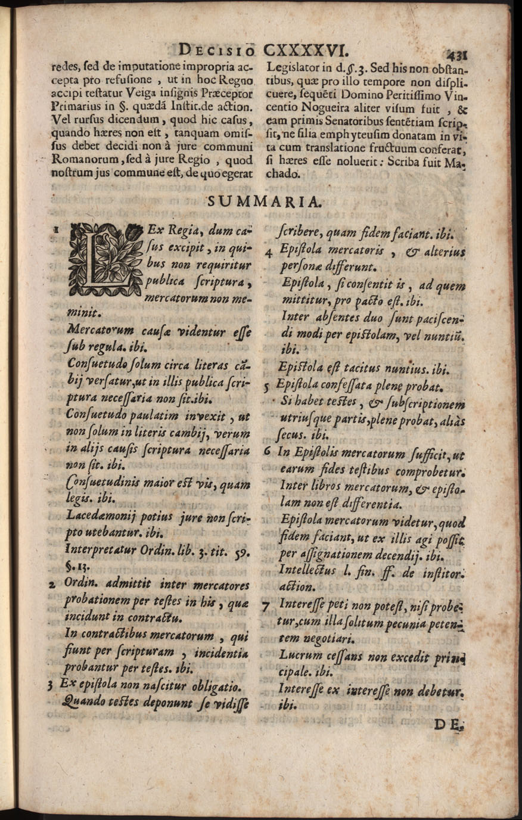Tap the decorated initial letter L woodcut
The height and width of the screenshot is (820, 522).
(105, 259)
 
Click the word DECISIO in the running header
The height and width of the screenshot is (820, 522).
(218, 49)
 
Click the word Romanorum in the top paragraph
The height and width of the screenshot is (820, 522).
(81, 160)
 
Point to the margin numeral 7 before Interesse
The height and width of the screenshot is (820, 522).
(266, 607)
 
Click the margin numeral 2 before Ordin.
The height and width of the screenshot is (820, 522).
(52, 586)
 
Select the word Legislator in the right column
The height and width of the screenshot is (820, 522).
(293, 67)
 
